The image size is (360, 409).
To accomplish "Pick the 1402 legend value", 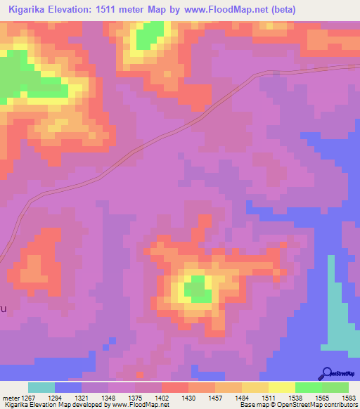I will pos(162,398).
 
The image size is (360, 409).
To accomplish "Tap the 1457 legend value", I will pos(215,398).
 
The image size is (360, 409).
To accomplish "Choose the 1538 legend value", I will pos(295,398).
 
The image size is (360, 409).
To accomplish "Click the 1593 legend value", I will pos(349,398).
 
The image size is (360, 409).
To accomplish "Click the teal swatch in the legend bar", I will pos(41,387).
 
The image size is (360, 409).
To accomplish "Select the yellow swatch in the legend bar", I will pos(282,387).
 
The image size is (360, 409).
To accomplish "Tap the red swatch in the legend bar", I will pos(175,387).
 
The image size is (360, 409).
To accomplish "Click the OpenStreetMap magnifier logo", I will pos(327,373).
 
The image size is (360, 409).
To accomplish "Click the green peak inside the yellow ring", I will pos(198,288).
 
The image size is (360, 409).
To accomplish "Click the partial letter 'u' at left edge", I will pos(3,309).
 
